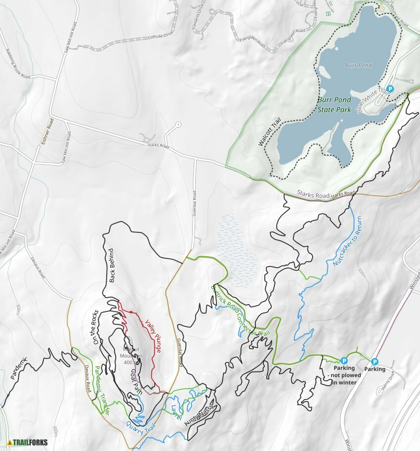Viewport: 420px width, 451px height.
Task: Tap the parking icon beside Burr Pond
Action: [390, 89]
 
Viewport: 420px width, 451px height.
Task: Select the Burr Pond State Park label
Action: [335, 104]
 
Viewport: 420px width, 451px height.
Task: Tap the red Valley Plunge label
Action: [153, 336]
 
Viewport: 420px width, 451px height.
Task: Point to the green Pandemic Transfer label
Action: [102, 389]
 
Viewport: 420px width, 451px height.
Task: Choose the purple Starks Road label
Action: [313, 194]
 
